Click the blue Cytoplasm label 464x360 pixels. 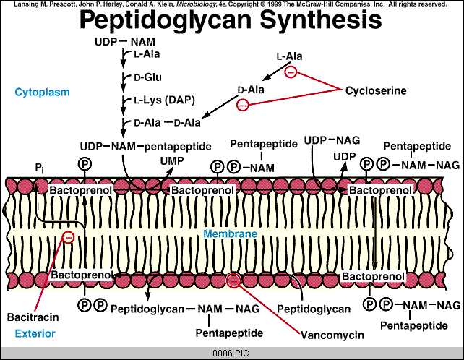[x=39, y=91]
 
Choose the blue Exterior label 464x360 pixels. [x=33, y=333]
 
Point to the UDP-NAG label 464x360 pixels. [x=332, y=140]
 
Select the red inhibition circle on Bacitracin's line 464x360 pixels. [x=68, y=236]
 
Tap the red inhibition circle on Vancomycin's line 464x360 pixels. [x=233, y=282]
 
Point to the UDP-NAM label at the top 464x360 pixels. [x=120, y=42]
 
